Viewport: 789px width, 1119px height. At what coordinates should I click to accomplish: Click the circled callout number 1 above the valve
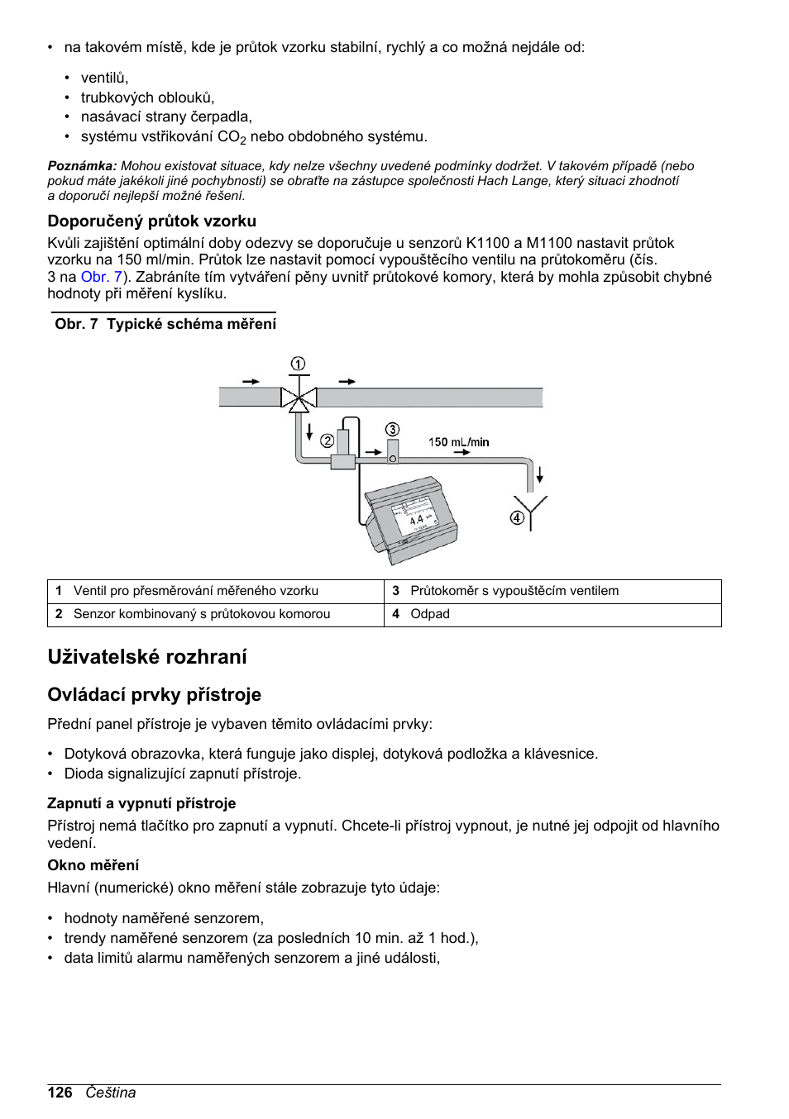click(x=298, y=364)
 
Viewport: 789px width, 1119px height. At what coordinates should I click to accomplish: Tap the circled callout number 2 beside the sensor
click(x=327, y=440)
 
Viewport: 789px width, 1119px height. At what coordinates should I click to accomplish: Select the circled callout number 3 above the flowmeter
click(x=392, y=429)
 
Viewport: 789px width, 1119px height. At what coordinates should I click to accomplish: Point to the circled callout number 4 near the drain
click(x=517, y=517)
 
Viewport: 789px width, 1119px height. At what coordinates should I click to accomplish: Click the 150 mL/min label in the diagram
click(x=458, y=442)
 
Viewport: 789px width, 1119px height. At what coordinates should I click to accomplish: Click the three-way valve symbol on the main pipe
click(x=299, y=399)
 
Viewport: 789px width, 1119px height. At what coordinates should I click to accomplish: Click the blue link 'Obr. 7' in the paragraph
click(x=101, y=277)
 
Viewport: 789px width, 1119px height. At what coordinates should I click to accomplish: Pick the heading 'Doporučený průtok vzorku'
click(x=151, y=221)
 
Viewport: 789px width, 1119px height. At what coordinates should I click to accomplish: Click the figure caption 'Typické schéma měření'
click(x=191, y=324)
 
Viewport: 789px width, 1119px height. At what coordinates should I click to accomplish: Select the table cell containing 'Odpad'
click(x=430, y=614)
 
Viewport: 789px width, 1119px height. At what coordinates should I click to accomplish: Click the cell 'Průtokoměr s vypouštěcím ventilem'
click(x=514, y=591)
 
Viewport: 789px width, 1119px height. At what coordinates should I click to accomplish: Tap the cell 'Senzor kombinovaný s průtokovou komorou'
click(x=201, y=614)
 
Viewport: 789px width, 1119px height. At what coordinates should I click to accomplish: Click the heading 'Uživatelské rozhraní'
click(x=147, y=657)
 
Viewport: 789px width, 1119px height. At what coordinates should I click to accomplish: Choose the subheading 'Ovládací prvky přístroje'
click(x=154, y=694)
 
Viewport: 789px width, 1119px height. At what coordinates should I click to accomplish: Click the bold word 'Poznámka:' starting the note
click(x=82, y=166)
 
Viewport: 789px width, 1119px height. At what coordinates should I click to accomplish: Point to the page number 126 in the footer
click(x=60, y=1093)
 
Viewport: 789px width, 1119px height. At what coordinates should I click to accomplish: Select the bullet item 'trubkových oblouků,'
click(x=147, y=98)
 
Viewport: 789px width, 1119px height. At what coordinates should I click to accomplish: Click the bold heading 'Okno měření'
click(x=93, y=865)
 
